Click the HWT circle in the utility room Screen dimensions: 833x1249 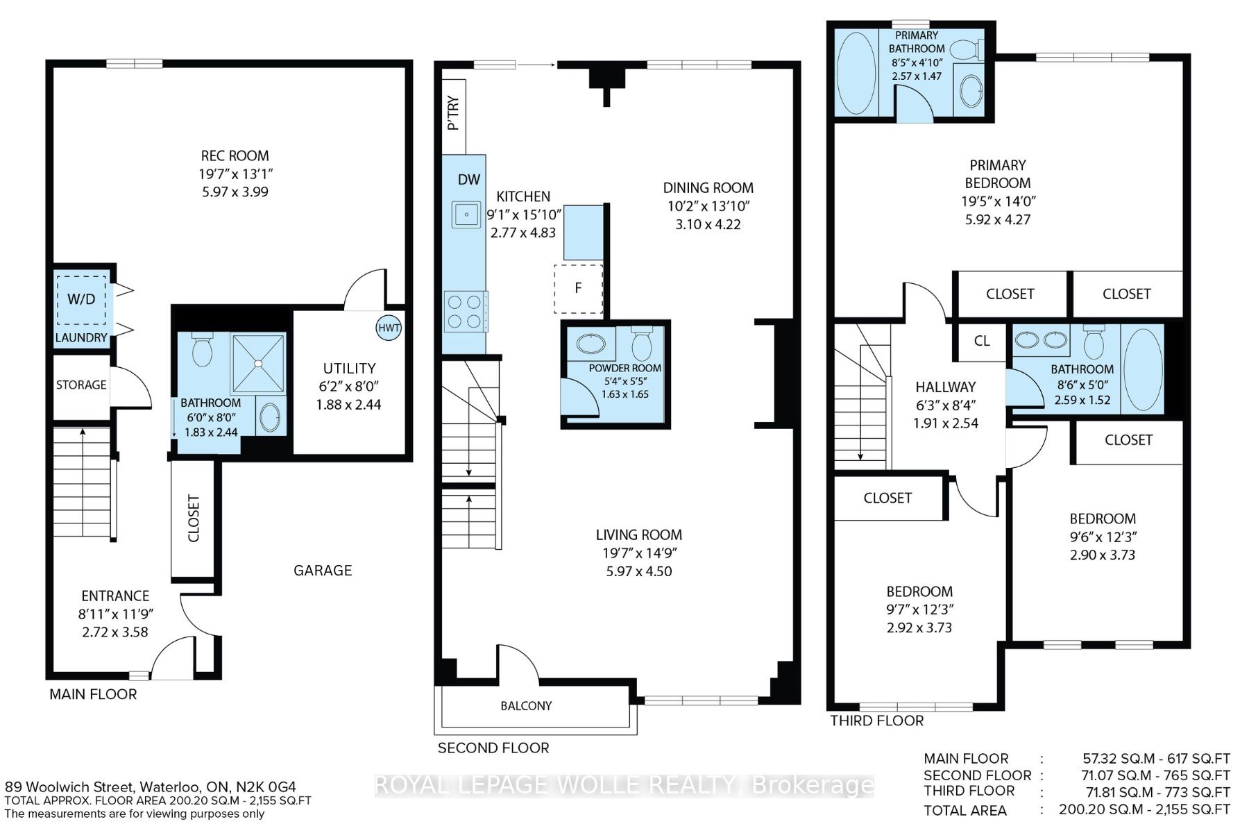click(x=389, y=328)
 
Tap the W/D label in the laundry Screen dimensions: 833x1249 click(x=81, y=299)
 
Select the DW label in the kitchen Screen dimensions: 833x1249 click(x=469, y=179)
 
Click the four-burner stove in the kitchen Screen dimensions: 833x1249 click(x=464, y=312)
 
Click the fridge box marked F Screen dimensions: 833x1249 click(x=578, y=288)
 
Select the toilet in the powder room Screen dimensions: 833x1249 click(x=640, y=343)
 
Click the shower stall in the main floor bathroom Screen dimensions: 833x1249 click(x=258, y=362)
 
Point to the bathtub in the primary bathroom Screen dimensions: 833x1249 click(x=856, y=72)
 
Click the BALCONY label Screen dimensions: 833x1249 click(x=526, y=706)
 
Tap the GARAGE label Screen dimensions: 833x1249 click(x=323, y=571)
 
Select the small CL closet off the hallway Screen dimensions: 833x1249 click(x=981, y=341)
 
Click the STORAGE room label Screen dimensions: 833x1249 click(x=81, y=385)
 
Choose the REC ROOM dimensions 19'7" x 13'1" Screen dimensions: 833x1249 click(x=235, y=174)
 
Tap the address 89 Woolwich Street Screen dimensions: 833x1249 click(x=69, y=787)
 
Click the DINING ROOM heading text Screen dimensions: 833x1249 click(x=708, y=187)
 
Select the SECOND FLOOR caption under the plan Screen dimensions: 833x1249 click(x=493, y=748)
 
